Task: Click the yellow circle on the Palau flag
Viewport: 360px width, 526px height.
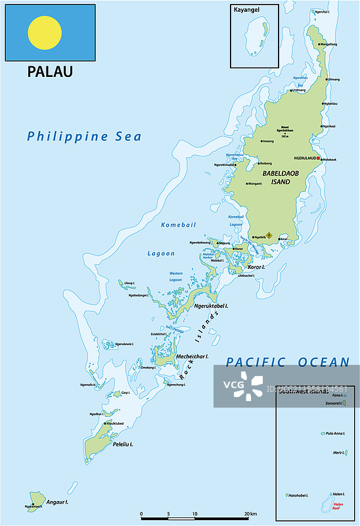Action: pyautogui.click(x=45, y=33)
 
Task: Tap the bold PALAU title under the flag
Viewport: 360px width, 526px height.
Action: pyautogui.click(x=50, y=72)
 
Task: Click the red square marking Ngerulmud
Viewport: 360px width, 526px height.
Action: pyautogui.click(x=319, y=158)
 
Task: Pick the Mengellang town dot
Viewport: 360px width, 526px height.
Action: pyautogui.click(x=320, y=44)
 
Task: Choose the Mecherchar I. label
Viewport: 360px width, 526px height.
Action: pyautogui.click(x=193, y=356)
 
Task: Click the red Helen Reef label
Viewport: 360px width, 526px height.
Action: pyautogui.click(x=336, y=508)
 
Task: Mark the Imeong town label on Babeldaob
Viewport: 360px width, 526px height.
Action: pyautogui.click(x=269, y=141)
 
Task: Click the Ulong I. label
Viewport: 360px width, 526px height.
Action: pyautogui.click(x=129, y=283)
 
